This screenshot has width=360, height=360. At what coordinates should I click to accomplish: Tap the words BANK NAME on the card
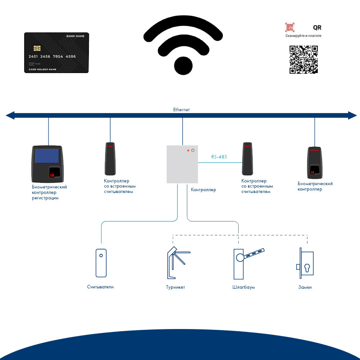click(75, 36)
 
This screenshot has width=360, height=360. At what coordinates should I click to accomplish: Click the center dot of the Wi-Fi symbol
click(185, 66)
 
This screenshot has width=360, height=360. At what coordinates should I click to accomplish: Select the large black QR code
click(304, 59)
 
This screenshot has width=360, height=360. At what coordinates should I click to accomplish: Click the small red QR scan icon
click(289, 27)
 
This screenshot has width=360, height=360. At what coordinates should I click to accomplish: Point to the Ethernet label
click(181, 109)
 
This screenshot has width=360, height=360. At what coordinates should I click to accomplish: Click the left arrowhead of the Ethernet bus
click(10, 115)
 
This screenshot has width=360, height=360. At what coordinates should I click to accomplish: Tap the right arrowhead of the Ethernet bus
click(352, 115)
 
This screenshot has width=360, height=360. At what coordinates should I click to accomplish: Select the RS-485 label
click(219, 157)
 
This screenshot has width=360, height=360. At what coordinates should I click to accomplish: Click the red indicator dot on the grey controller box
click(188, 150)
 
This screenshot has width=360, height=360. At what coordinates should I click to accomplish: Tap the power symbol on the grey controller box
click(193, 150)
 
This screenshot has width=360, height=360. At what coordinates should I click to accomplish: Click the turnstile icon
click(177, 262)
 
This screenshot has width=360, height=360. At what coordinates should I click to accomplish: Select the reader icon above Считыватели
click(101, 262)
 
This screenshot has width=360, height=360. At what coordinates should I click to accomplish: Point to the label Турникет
click(175, 287)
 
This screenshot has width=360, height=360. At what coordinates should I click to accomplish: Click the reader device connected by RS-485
click(247, 158)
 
